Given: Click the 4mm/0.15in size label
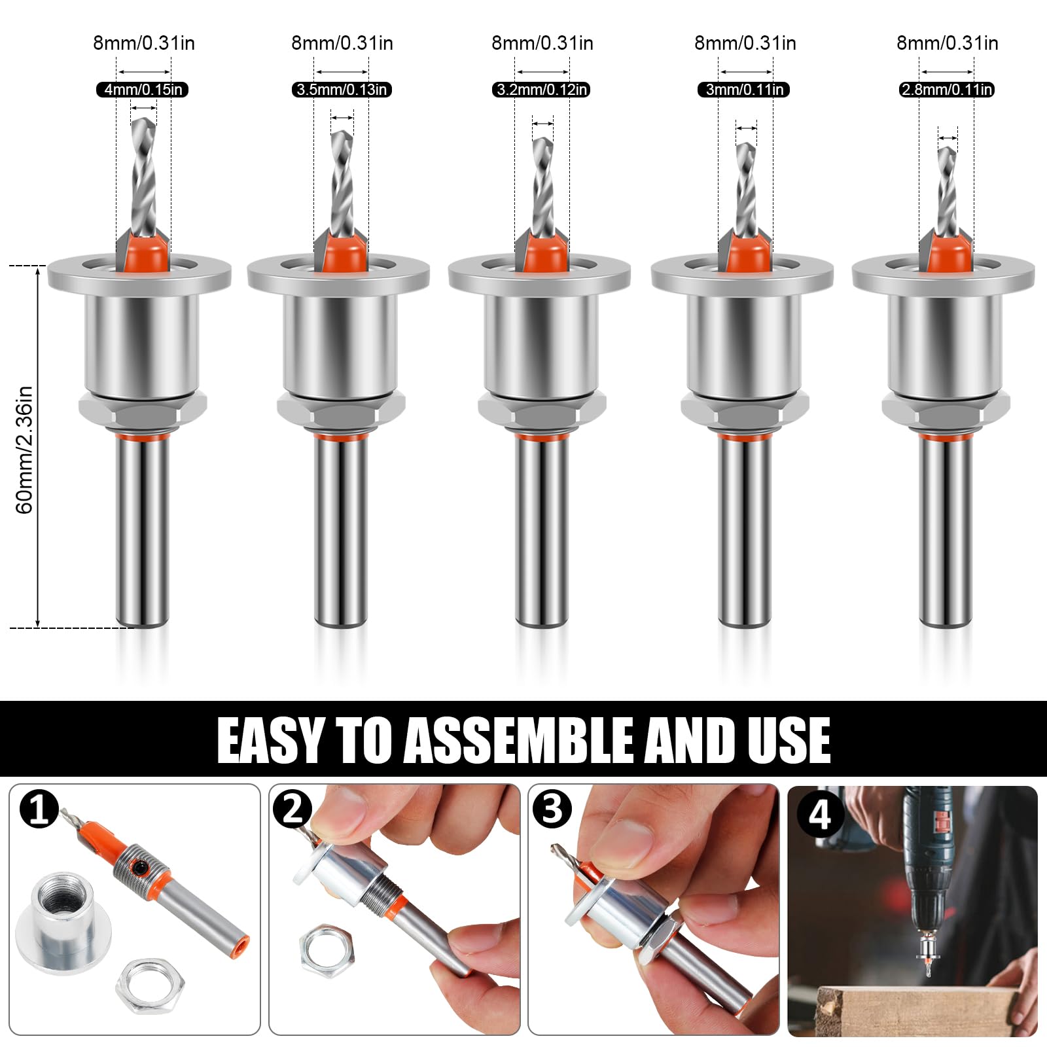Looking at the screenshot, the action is click(x=143, y=90).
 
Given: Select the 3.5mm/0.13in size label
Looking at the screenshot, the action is click(x=342, y=90).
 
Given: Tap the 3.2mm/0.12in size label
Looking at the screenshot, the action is click(x=541, y=90).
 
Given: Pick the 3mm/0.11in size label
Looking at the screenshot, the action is click(x=744, y=90).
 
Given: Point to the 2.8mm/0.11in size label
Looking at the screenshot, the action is click(x=947, y=90).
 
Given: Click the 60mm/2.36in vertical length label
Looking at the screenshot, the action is click(x=24, y=450).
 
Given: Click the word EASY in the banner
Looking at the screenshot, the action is click(x=272, y=740).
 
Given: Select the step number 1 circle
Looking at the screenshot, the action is click(x=39, y=809).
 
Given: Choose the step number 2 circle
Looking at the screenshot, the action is click(x=293, y=809).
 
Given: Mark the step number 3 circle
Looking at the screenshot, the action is click(x=552, y=809).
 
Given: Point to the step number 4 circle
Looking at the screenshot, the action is click(x=820, y=816).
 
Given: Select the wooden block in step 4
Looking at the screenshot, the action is click(x=916, y=1010).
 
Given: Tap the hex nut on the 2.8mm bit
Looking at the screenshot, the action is click(x=946, y=411).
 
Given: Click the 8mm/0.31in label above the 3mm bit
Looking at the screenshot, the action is click(x=745, y=43).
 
